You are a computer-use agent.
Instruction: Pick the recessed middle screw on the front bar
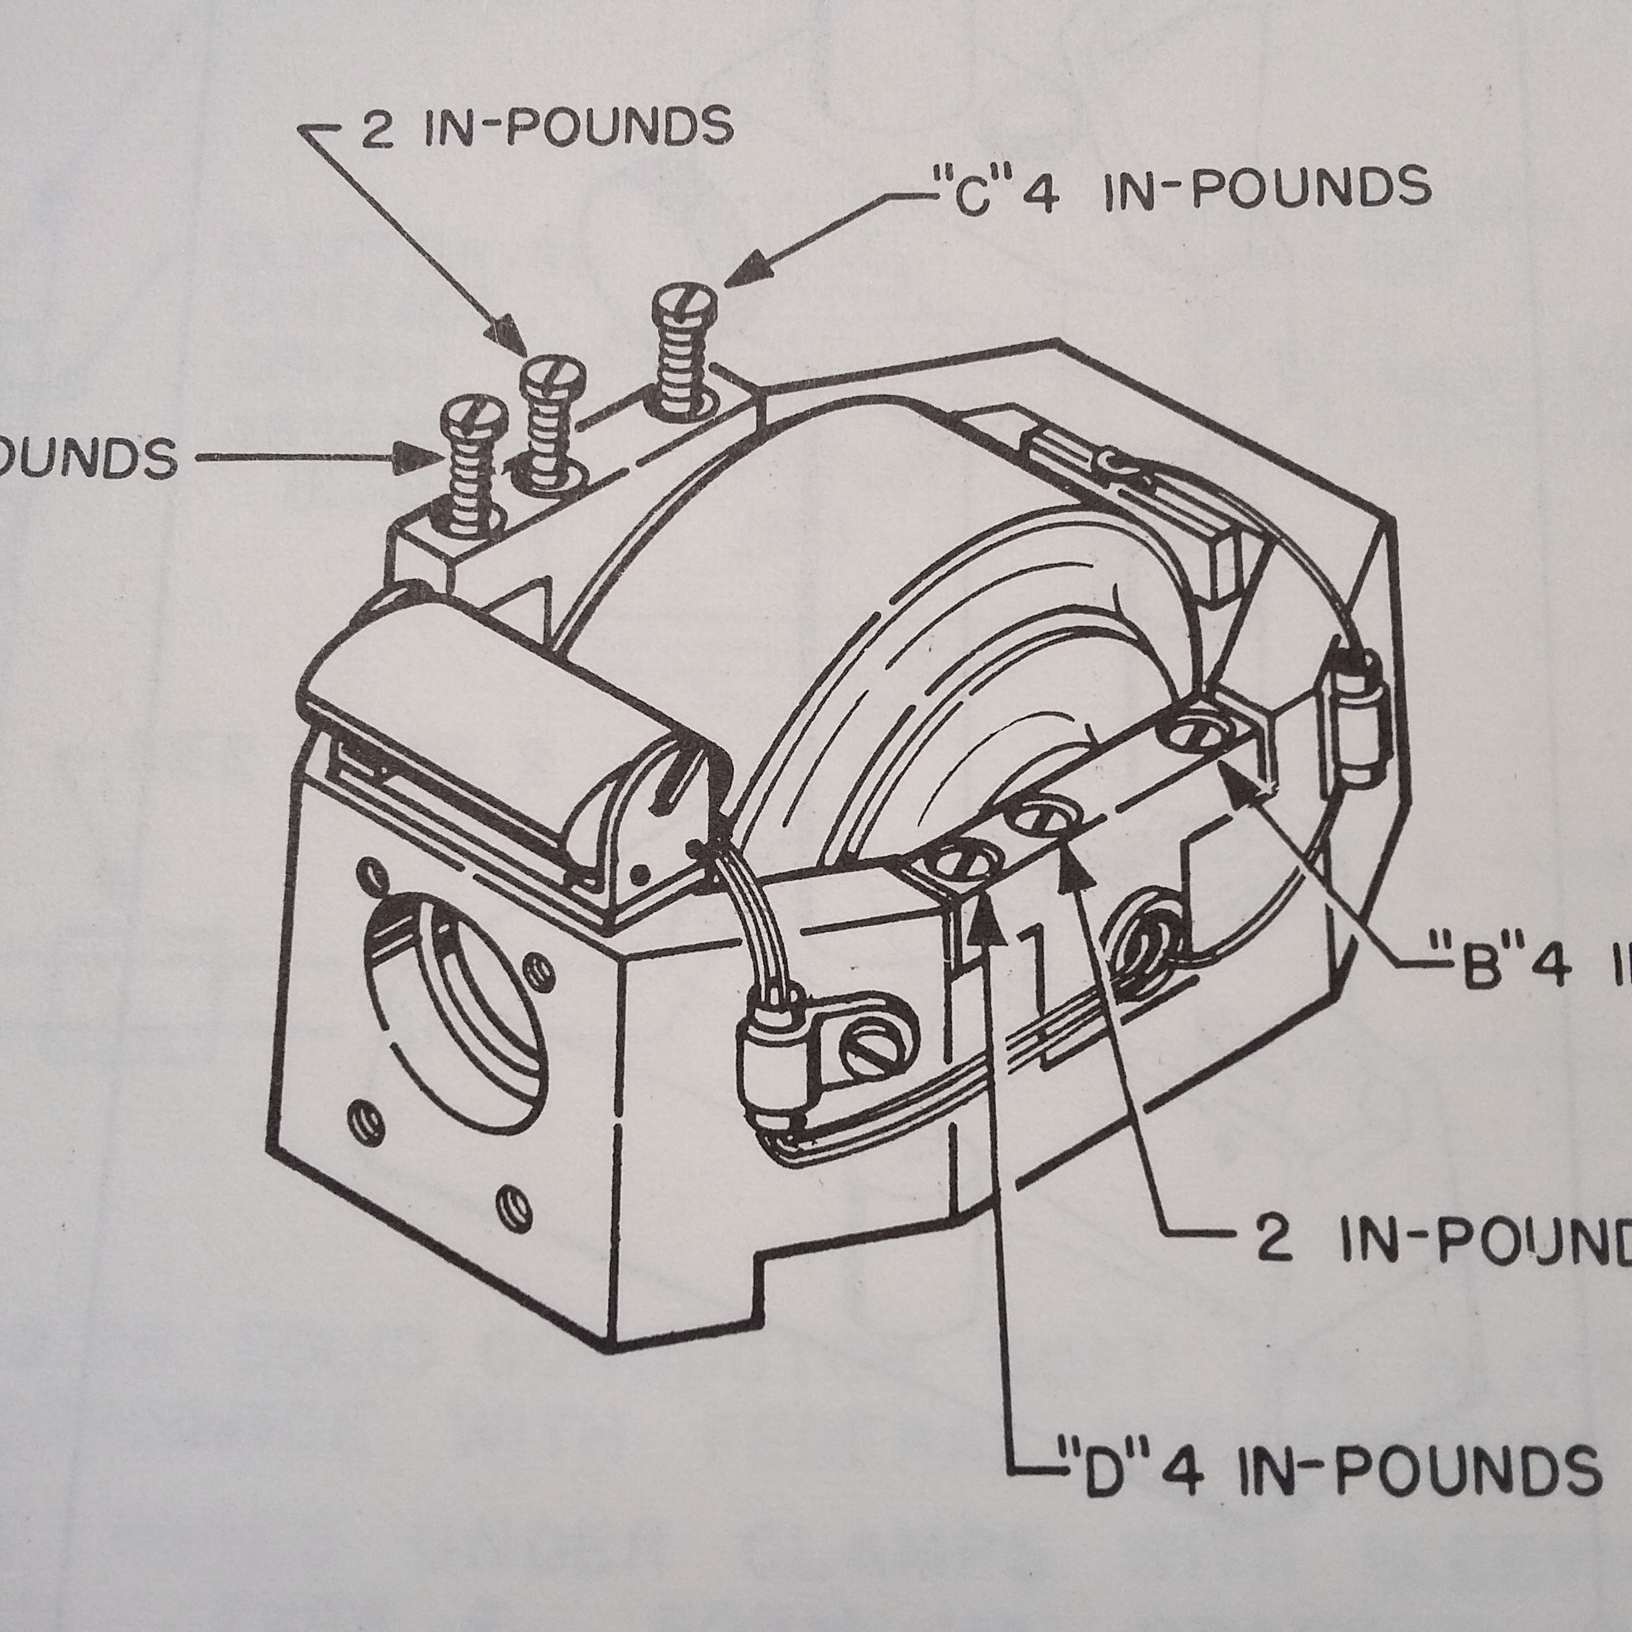click(1043, 818)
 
